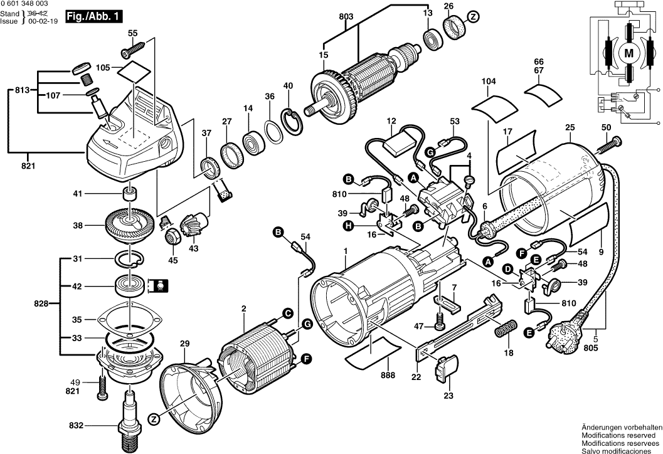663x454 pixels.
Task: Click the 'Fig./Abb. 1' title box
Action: tap(93, 17)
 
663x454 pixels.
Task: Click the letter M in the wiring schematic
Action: tap(628, 54)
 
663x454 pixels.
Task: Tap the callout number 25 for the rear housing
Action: tap(569, 128)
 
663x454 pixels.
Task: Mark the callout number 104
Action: tap(489, 82)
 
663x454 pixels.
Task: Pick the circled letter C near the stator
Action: tap(287, 312)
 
